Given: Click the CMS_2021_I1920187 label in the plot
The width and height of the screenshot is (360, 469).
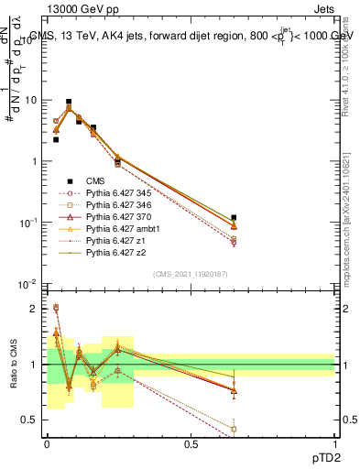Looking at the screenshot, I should (x=191, y=274).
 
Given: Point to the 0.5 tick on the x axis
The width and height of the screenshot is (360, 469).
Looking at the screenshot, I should (x=191, y=442).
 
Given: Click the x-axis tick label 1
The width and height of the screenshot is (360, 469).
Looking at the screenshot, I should (x=335, y=442).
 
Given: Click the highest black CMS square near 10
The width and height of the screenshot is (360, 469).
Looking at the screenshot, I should (x=69, y=102).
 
